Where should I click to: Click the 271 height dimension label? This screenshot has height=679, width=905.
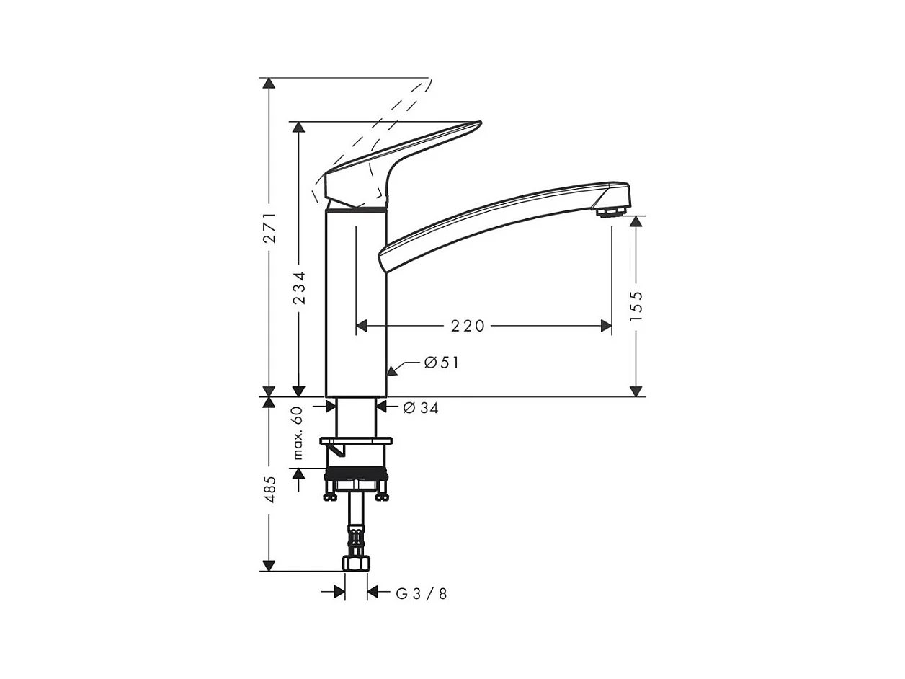269,227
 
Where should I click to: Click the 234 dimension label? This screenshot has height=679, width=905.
300,287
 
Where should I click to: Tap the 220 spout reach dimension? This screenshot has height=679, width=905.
468,327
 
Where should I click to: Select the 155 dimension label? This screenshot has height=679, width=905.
636,306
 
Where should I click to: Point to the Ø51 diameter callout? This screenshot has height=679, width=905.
442,363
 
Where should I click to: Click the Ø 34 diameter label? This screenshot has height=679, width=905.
421,408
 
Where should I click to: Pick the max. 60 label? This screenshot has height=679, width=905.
298,432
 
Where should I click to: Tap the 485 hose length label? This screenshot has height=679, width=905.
269,489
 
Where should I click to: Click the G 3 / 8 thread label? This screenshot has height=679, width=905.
422,593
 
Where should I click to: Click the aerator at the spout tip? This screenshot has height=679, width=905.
610,211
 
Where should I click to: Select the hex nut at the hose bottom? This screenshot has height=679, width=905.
357,563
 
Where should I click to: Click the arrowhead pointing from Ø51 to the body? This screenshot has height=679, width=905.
392,371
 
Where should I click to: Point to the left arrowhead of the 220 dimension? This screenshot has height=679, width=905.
362,327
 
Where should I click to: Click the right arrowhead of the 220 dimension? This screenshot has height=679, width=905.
606,327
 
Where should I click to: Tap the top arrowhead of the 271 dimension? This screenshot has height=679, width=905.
269,83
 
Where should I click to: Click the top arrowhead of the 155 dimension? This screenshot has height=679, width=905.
636,221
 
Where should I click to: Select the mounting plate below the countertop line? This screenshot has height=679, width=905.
356,440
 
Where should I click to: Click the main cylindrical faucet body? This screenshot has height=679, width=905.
356,303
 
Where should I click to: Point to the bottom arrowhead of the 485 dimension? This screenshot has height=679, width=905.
269,565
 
